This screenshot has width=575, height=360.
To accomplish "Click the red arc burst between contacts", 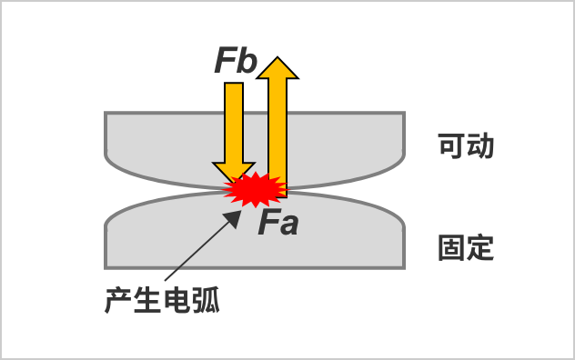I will [x=255, y=189].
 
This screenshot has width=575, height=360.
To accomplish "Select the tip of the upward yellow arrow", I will [x=277, y=61].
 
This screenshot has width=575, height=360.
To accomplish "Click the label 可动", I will [x=466, y=146].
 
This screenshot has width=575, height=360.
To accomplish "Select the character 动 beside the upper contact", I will [x=480, y=146].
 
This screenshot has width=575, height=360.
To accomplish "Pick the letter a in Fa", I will [x=288, y=224].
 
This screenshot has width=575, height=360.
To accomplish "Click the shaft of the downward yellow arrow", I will [x=234, y=123].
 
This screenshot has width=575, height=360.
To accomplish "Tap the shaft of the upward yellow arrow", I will [x=277, y=127].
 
